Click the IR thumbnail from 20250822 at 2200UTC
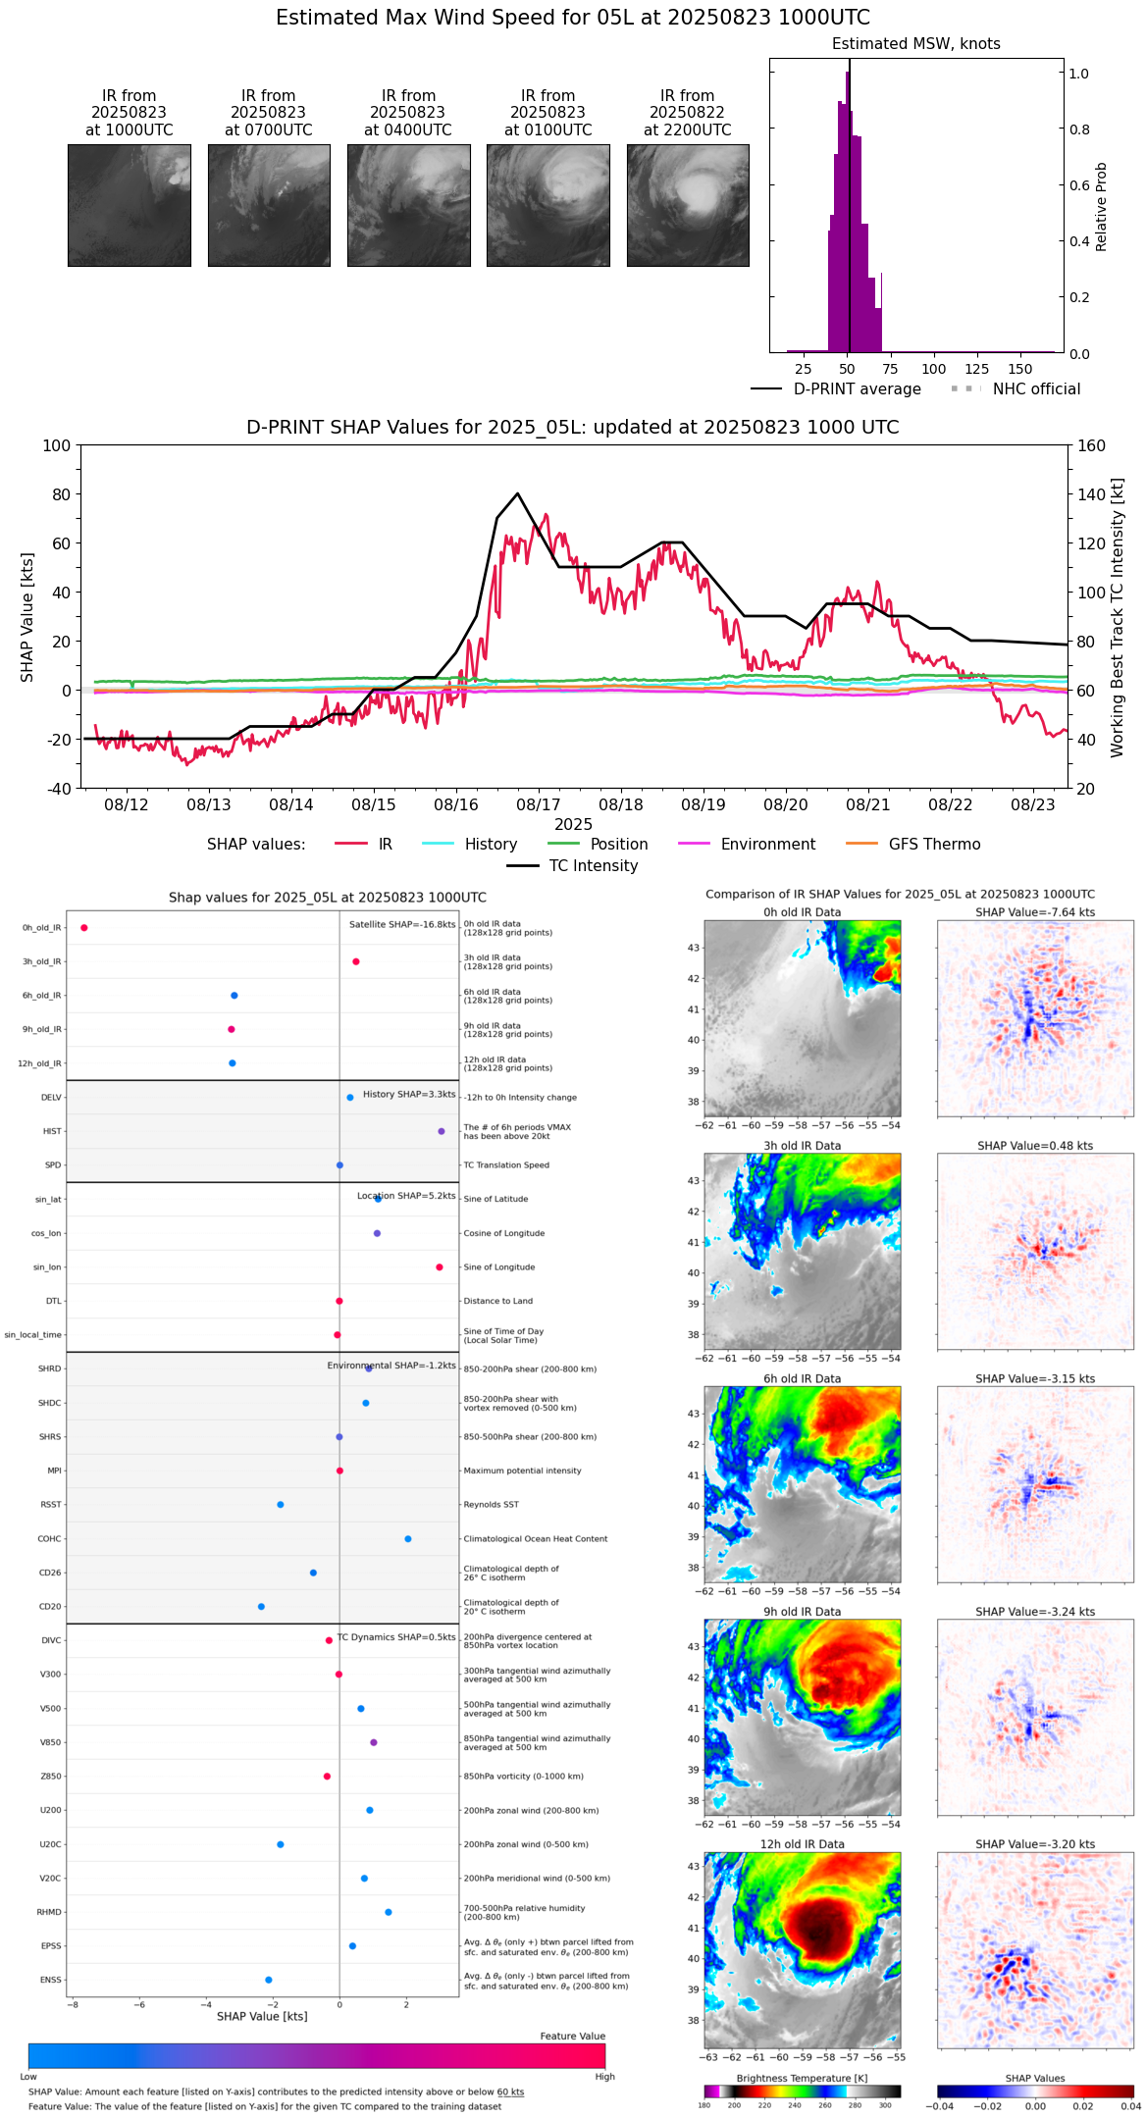tap(688, 205)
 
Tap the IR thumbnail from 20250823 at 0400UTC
tap(408, 205)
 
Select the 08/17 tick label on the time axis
tap(539, 805)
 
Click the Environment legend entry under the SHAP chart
tap(767, 845)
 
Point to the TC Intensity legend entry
tap(593, 866)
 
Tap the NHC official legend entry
tap(1036, 389)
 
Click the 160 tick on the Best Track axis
tap(1092, 446)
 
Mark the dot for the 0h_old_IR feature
tap(84, 928)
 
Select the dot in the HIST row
tap(442, 1132)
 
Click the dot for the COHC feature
tap(408, 1539)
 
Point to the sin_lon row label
tap(47, 1267)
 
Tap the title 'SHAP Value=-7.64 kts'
tap(1035, 912)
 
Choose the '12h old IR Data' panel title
tap(802, 1844)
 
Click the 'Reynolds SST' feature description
tap(492, 1505)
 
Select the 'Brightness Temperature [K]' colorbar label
tap(802, 2079)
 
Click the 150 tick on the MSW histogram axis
tap(1020, 370)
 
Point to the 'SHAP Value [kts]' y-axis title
tap(27, 617)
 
